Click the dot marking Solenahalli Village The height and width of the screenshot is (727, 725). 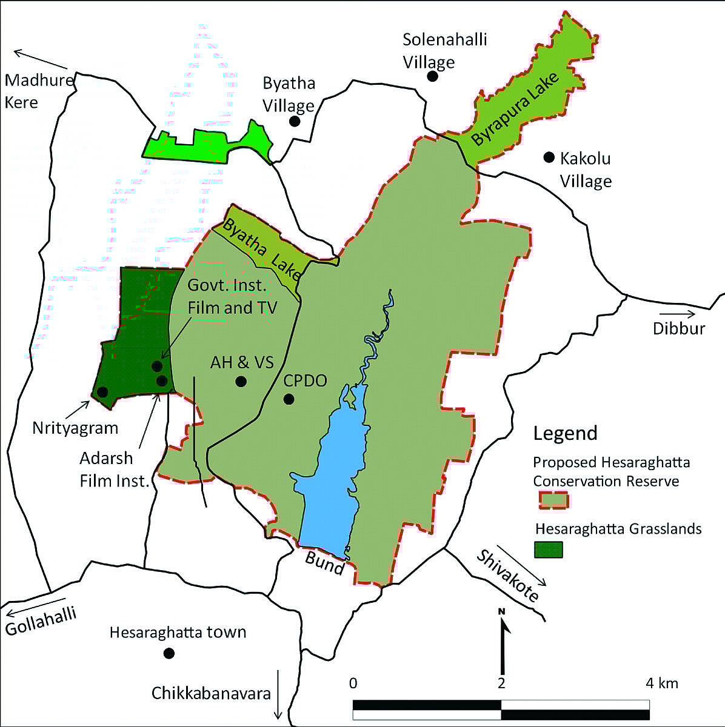point(432,76)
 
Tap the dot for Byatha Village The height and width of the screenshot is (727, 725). point(295,121)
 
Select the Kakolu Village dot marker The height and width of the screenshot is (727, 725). point(549,158)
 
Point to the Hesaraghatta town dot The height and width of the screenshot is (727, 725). point(169,653)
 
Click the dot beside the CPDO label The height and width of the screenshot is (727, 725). point(289,399)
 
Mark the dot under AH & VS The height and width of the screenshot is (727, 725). point(241,381)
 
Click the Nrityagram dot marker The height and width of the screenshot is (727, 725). point(102,392)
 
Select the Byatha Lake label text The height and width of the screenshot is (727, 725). point(262,248)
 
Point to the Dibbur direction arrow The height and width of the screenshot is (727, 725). point(682,314)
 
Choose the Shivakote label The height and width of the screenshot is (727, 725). point(507,575)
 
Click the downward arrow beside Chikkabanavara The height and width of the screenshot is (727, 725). point(278,693)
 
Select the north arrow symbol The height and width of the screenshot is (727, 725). point(503,636)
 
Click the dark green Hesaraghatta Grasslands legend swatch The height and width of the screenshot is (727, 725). point(549,549)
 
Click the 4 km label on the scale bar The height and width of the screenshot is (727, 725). point(661,683)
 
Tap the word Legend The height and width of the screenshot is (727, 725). point(565,433)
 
